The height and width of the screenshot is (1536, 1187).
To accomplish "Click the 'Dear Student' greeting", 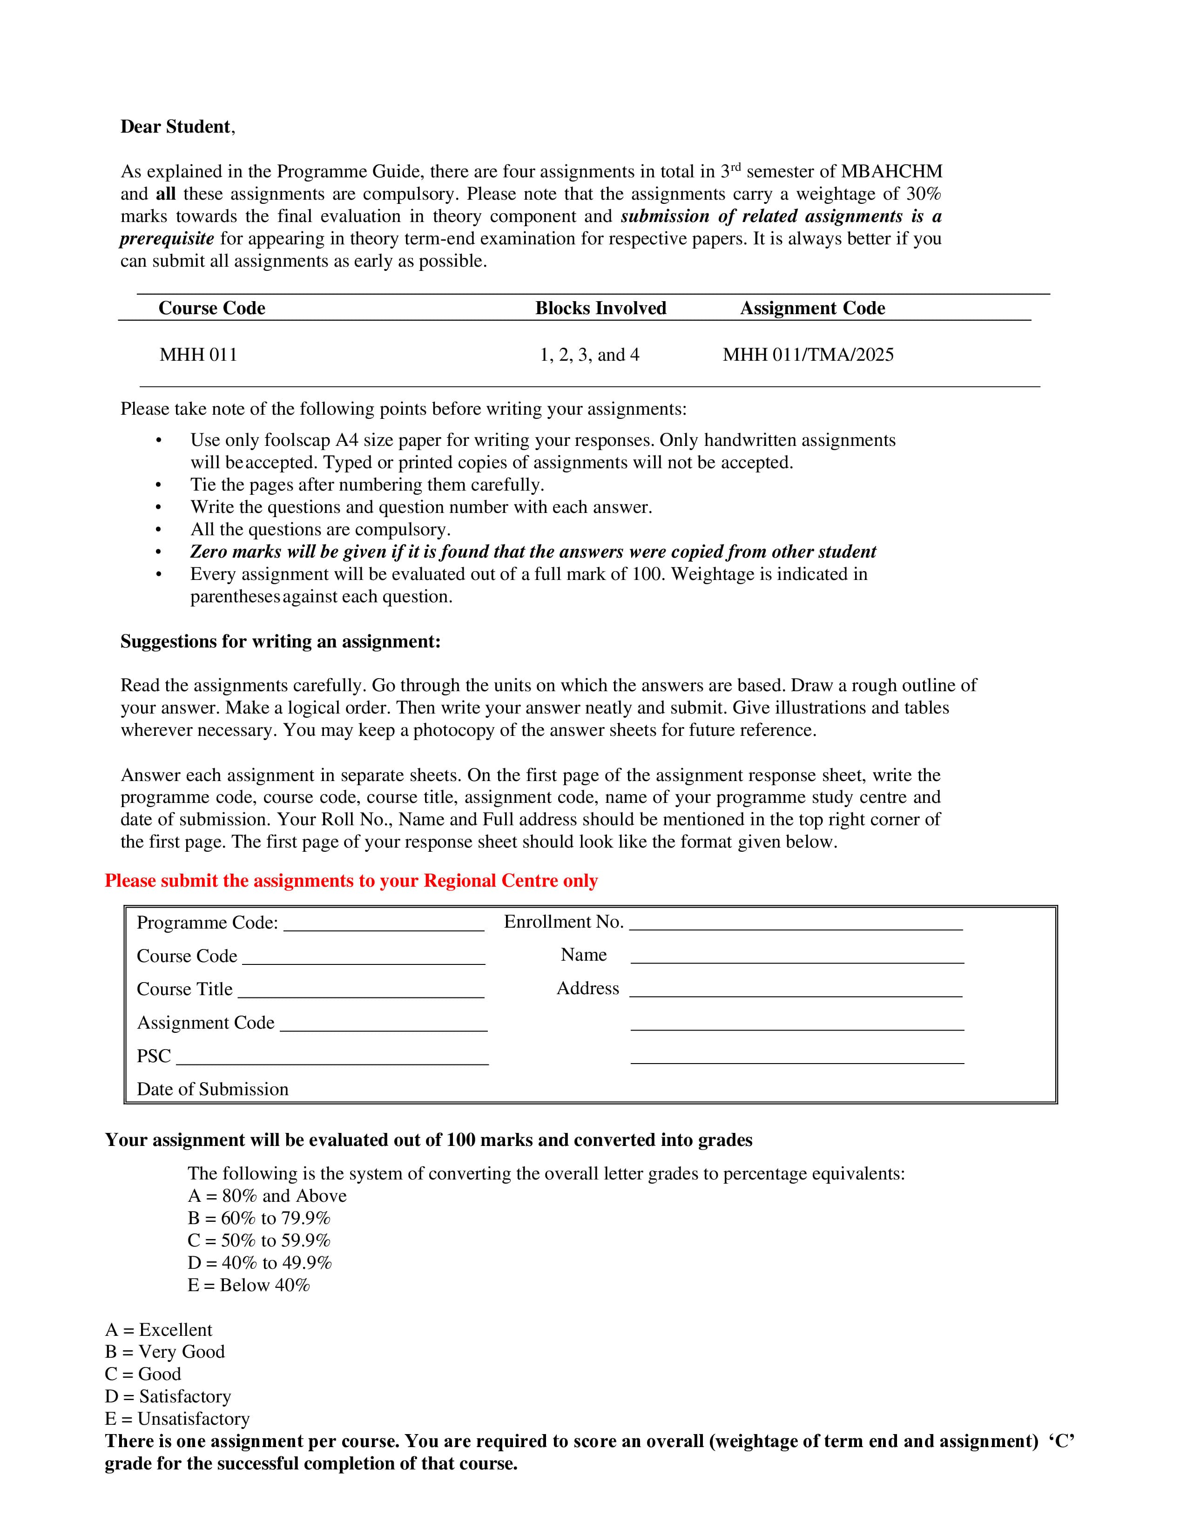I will coord(176,127).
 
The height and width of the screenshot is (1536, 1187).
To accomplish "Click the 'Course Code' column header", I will coord(212,308).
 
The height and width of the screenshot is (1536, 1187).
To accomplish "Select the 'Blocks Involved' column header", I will coord(600,308).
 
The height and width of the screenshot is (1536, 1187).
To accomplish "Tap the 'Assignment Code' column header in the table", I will coord(812,308).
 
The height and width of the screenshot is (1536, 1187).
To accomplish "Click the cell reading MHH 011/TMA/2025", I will coord(808,355).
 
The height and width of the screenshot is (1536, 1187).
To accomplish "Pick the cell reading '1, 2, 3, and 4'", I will coord(589,355).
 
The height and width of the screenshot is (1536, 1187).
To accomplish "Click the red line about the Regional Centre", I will coord(351,881).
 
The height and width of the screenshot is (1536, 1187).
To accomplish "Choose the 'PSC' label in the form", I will coord(153,1057).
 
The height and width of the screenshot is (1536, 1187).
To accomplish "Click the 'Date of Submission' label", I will coord(212,1090).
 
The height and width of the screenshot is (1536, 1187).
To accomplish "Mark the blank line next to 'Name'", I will coord(797,959).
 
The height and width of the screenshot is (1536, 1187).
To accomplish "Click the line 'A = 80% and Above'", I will coord(267,1196).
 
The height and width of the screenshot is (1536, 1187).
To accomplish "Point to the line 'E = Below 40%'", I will coord(248,1285).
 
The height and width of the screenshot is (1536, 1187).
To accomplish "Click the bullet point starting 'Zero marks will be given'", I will coord(533,552).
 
